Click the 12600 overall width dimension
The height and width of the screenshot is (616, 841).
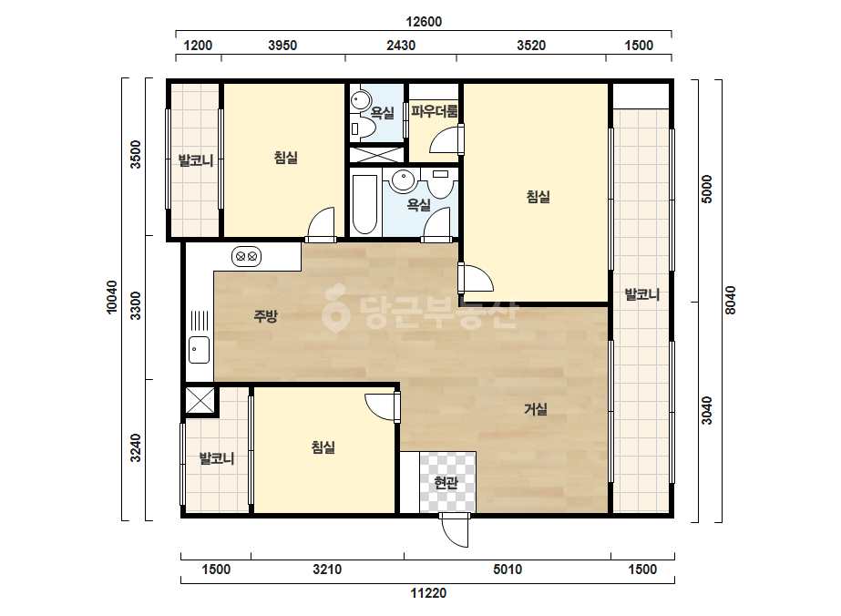point(423,22)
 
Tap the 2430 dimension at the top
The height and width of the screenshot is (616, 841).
point(401,46)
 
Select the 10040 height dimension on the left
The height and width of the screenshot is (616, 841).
point(111,297)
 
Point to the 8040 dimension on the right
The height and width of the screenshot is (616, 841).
point(730,300)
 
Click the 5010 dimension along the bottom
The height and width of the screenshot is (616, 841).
point(507,570)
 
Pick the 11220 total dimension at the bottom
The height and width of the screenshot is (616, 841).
point(428,593)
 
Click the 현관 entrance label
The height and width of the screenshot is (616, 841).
point(446,483)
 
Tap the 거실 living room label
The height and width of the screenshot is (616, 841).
point(535,409)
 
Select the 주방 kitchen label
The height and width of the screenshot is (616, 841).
point(265,316)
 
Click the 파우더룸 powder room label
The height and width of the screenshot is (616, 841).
point(435,111)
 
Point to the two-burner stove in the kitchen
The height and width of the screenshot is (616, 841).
point(246,256)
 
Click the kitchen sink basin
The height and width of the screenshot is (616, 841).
point(199,349)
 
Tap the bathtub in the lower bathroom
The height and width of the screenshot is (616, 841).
point(364,204)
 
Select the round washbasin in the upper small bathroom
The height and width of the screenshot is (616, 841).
point(361,100)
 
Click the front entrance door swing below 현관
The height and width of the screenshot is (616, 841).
point(455,530)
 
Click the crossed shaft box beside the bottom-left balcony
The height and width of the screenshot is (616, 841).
point(200,401)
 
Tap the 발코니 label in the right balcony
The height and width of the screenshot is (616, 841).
point(641,294)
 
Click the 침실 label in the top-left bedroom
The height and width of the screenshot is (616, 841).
point(285,158)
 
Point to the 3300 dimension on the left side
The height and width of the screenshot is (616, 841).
point(137,305)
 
